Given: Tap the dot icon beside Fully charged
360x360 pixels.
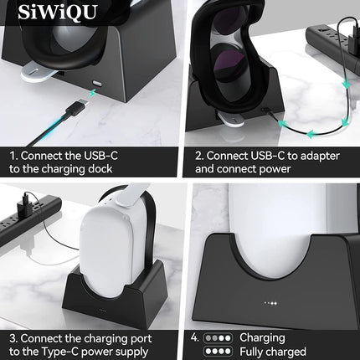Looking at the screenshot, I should (221, 352).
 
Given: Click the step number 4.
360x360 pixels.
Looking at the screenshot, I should (193, 337).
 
